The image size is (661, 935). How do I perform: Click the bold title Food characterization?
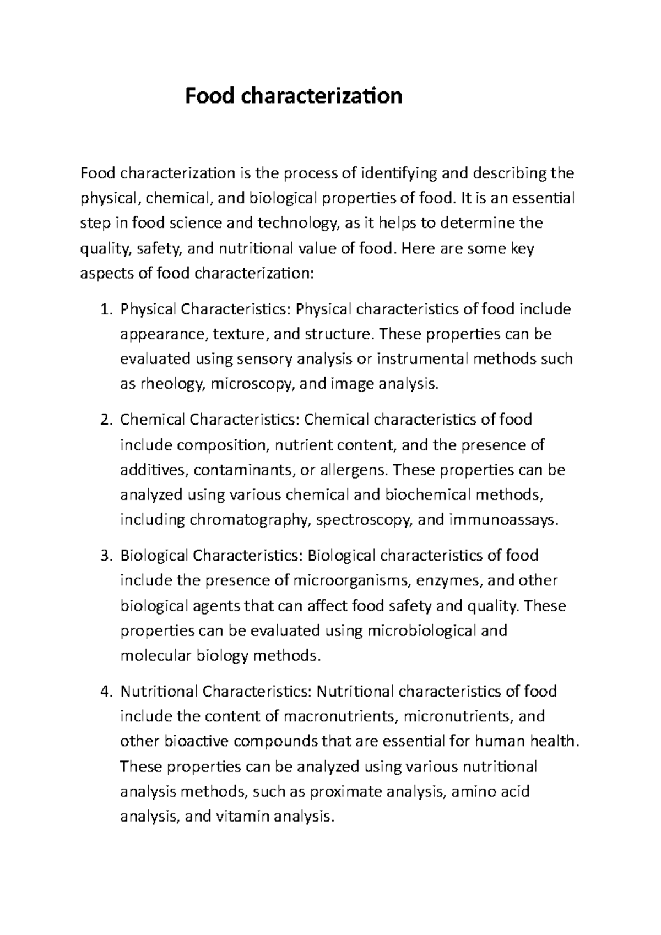[293, 96]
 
